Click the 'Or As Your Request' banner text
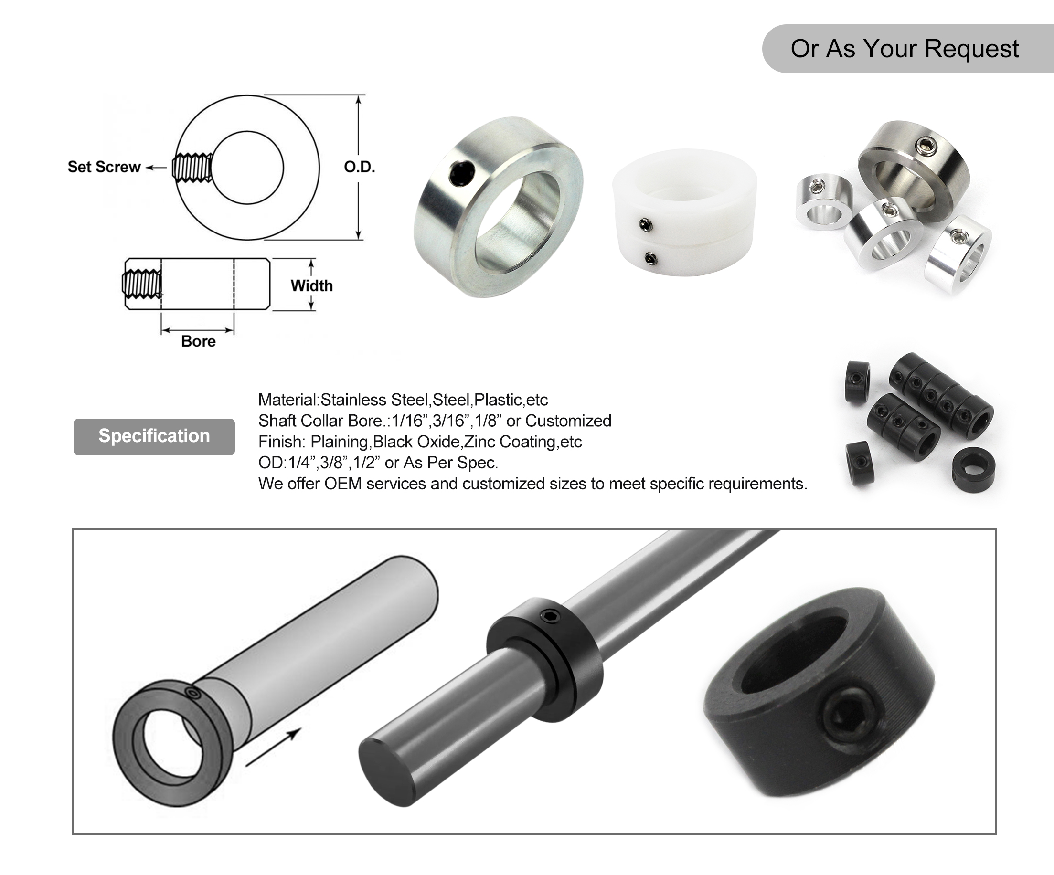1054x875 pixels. (x=905, y=49)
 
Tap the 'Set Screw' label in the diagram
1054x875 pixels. (x=104, y=167)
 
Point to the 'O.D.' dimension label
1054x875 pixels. (x=359, y=167)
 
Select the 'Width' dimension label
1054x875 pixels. (x=312, y=286)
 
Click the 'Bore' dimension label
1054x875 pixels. (x=198, y=341)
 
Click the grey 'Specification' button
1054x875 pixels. (x=154, y=436)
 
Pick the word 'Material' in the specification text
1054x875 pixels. (x=287, y=400)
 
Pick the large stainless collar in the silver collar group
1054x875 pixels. (x=914, y=166)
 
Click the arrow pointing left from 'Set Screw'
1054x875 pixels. (x=156, y=168)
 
